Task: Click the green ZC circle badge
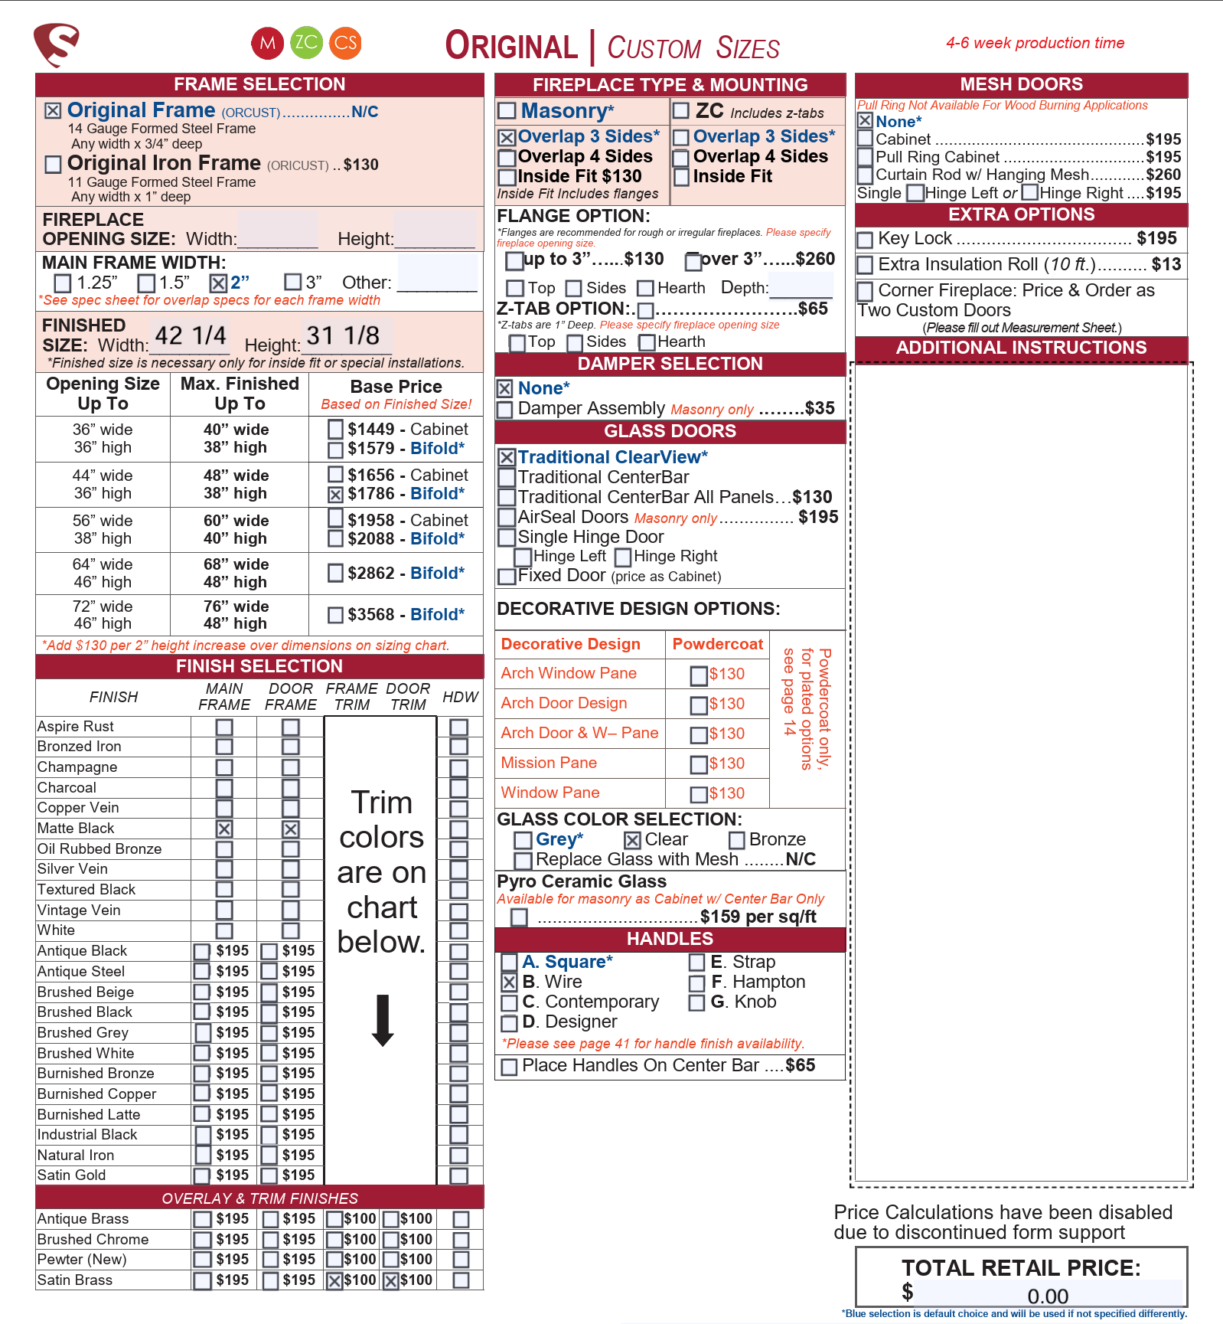coord(306,43)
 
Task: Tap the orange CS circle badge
coord(345,43)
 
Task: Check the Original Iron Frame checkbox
coord(53,164)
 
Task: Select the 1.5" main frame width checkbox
coord(146,283)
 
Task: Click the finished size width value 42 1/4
coord(190,335)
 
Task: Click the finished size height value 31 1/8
coord(343,335)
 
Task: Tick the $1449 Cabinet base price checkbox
coord(335,429)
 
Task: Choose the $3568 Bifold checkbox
coord(335,615)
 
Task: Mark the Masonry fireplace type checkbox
coord(507,111)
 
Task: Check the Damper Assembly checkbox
coord(505,410)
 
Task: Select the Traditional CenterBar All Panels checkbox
coord(506,498)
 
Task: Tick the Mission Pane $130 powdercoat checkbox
coord(698,764)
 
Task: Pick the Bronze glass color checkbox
coord(736,841)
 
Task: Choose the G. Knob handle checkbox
coord(696,1002)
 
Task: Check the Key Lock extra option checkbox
coord(865,240)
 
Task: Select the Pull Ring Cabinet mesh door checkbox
coord(865,157)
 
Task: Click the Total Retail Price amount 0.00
coord(1048,1296)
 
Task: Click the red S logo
coord(57,44)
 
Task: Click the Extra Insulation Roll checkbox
coord(865,265)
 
